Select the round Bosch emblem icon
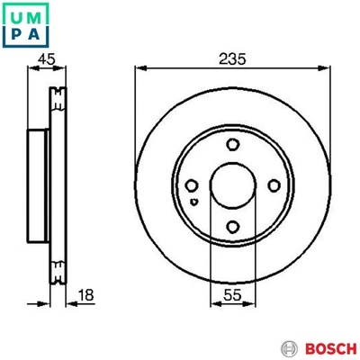point(289,347)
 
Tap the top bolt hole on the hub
point(232,145)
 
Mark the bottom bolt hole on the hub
point(232,227)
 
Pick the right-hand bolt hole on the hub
point(273,185)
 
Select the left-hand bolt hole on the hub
point(191,185)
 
